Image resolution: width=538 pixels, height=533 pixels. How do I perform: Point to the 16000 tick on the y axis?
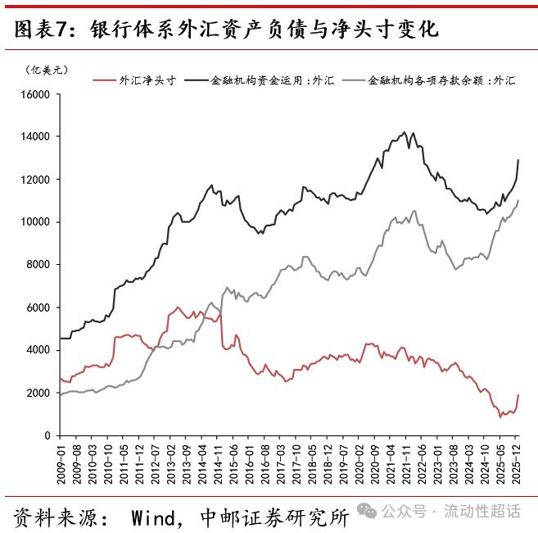pos(35,94)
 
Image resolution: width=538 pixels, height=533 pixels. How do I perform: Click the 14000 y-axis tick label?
pos(35,137)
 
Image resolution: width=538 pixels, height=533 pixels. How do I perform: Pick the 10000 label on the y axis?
pos(35,222)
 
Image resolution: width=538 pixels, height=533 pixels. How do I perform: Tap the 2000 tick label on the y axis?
pos(38,393)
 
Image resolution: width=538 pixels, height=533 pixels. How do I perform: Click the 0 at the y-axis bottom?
pos(47,435)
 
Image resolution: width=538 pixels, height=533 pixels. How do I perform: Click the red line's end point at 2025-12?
pos(518,395)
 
